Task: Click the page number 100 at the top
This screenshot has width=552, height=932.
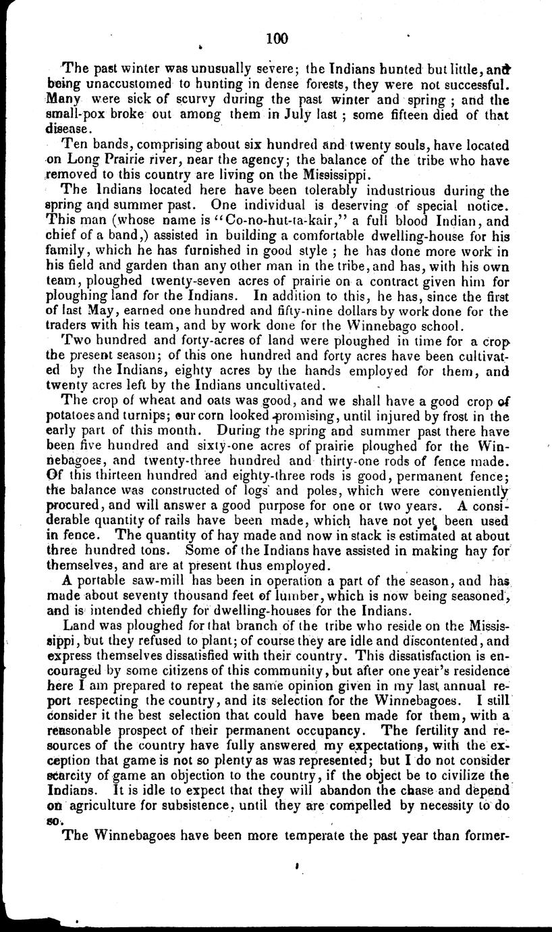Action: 277,39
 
